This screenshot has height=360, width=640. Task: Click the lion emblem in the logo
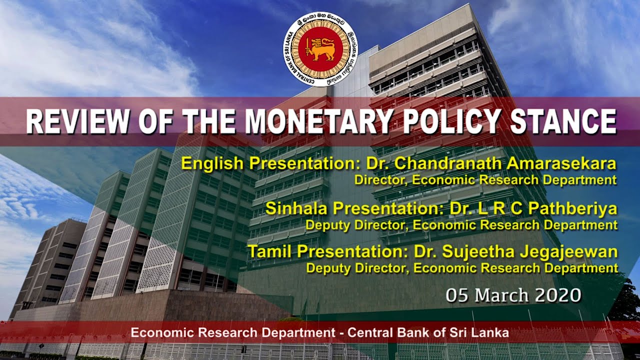320,49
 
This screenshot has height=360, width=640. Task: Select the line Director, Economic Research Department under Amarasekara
485,180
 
